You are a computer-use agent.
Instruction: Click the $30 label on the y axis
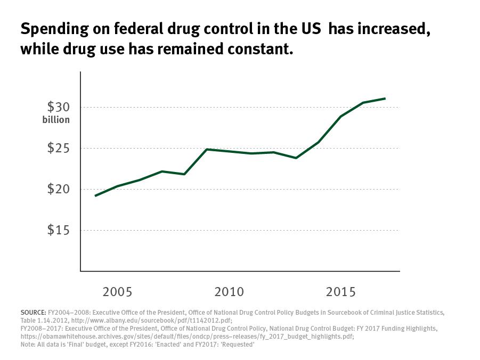[x=58, y=107]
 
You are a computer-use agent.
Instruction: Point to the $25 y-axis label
[x=58, y=148]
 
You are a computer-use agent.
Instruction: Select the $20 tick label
[x=58, y=189]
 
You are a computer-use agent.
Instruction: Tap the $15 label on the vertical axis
[x=58, y=230]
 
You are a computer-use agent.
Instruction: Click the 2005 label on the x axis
[x=117, y=292]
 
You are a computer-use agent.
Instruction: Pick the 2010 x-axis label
[x=229, y=292]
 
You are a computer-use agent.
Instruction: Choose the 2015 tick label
[x=341, y=292]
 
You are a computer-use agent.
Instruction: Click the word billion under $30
[x=56, y=120]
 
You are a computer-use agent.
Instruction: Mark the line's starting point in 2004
[x=95, y=196]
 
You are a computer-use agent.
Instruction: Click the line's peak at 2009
[x=207, y=149]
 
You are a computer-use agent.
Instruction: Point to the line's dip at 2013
[x=296, y=158]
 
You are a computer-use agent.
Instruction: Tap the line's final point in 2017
[x=385, y=99]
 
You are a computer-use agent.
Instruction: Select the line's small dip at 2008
[x=184, y=174]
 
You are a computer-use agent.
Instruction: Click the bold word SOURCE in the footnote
[x=33, y=312]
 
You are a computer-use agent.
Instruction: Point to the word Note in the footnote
[x=28, y=346]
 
